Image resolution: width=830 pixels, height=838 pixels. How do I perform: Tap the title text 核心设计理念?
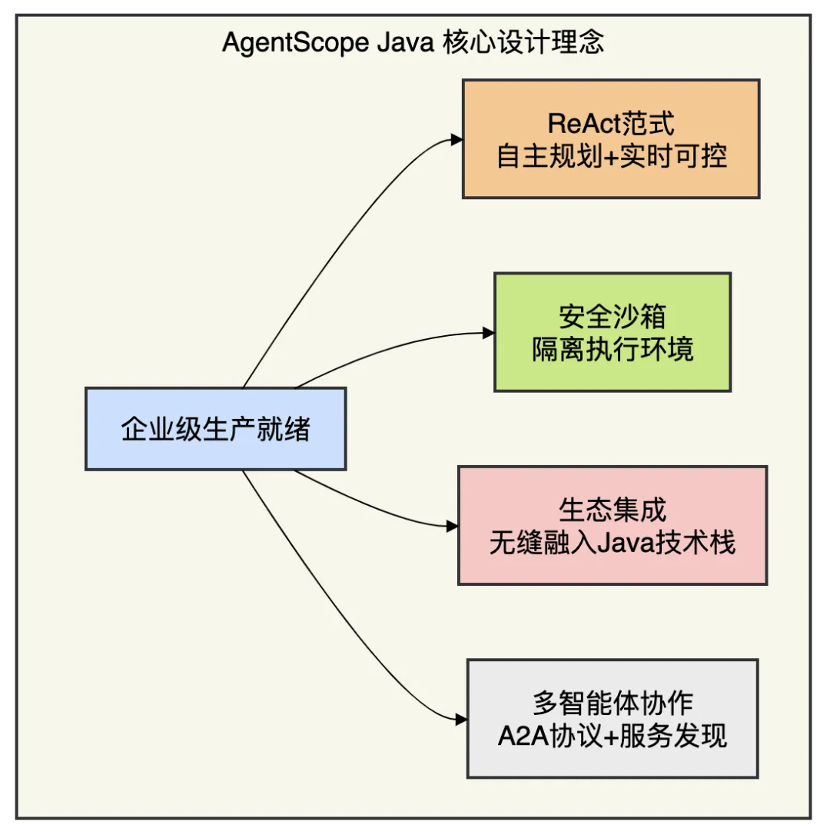click(523, 42)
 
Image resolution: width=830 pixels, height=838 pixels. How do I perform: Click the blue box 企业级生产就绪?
click(215, 429)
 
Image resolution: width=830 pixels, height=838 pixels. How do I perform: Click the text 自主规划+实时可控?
click(612, 157)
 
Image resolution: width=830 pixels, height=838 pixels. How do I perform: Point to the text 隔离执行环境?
click(613, 350)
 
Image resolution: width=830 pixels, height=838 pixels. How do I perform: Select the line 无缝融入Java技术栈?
click(613, 544)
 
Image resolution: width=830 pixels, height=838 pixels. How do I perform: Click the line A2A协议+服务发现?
click(613, 737)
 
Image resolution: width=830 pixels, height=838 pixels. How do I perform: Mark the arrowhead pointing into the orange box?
click(456, 140)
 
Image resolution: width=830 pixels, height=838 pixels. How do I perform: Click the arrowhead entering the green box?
click(489, 333)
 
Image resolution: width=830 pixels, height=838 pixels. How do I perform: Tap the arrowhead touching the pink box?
click(453, 527)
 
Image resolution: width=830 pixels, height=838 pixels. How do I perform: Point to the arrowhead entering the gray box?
click(461, 720)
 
